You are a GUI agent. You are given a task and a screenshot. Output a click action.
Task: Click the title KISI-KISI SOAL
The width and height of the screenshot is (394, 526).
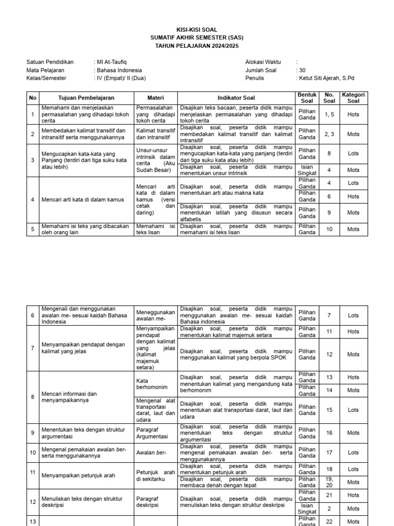point(197,30)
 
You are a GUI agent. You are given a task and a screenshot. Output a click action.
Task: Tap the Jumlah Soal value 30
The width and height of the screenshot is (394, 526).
point(302,70)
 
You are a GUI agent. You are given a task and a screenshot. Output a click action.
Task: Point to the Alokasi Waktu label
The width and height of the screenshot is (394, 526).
point(263,62)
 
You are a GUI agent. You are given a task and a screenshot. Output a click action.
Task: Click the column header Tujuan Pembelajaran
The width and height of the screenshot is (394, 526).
point(86,98)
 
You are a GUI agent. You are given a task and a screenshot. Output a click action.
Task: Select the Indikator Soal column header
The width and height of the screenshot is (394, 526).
point(236,98)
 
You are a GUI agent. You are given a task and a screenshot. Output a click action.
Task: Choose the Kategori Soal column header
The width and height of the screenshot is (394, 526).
point(353,98)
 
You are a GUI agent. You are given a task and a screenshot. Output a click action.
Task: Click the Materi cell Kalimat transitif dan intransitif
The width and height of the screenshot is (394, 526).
point(155,134)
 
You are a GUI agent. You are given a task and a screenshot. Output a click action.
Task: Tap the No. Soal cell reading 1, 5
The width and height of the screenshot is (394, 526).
point(329,115)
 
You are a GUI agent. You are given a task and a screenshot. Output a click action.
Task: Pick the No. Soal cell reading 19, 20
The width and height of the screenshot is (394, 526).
point(329,482)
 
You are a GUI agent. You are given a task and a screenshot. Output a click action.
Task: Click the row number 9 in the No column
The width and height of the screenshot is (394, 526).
point(32,433)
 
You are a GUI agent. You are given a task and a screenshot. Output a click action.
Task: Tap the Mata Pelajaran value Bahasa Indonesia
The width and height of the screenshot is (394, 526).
point(119,70)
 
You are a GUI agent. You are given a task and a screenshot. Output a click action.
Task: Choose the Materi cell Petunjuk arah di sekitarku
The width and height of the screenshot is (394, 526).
point(155,476)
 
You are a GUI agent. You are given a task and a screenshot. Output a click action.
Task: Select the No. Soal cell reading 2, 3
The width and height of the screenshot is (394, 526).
point(329,134)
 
